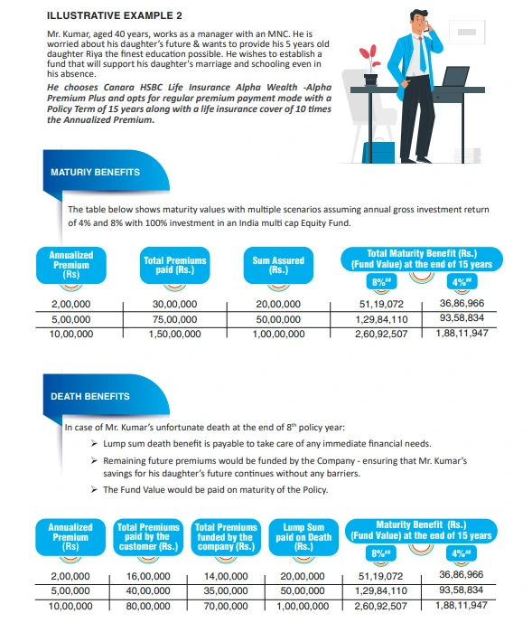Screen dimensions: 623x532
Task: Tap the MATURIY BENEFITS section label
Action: (x=95, y=171)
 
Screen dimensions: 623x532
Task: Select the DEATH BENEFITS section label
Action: (x=89, y=396)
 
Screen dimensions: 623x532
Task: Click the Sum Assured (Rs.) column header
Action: (x=278, y=265)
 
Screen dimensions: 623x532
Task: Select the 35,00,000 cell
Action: (x=222, y=590)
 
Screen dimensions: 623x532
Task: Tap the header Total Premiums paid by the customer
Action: (x=149, y=535)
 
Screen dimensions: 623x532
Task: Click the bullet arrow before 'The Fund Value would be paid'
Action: (x=95, y=489)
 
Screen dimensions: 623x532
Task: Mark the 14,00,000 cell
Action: (x=222, y=575)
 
